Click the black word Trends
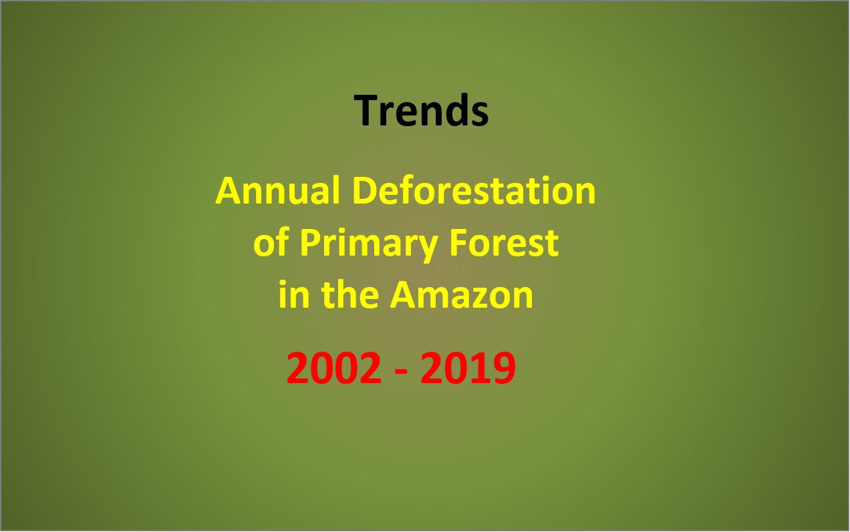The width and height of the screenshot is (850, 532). pyautogui.click(x=421, y=110)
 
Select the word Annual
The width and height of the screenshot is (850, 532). pyautogui.click(x=277, y=191)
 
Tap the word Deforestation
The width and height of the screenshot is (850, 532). pyautogui.click(x=474, y=191)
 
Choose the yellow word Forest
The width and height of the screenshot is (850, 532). pyautogui.click(x=504, y=242)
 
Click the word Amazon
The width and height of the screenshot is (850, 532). pyautogui.click(x=462, y=294)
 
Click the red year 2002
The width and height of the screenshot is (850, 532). pyautogui.click(x=334, y=368)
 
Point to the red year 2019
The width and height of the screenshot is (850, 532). pyautogui.click(x=468, y=368)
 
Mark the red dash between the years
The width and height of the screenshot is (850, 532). pyautogui.click(x=402, y=372)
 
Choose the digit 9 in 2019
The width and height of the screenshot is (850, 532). pyautogui.click(x=505, y=368)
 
